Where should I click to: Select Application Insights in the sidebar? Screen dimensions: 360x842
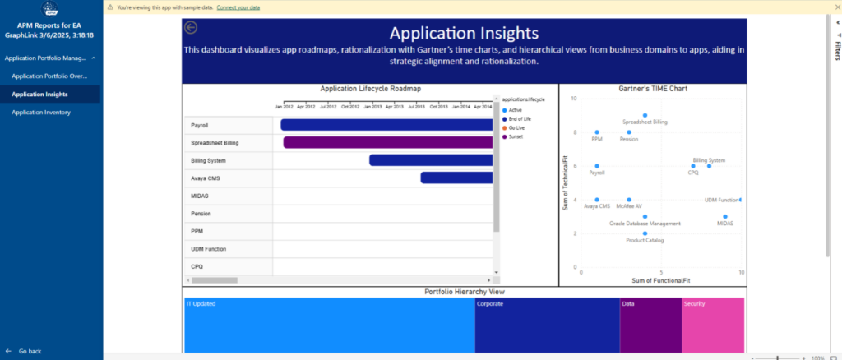39,95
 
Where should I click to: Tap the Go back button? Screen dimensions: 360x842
30,351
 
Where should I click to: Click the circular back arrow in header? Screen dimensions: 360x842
192,28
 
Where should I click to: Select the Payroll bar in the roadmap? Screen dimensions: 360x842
386,125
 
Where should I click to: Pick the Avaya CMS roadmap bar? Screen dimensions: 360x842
456,178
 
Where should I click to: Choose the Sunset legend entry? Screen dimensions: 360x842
515,136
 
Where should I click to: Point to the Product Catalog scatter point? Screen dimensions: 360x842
645,233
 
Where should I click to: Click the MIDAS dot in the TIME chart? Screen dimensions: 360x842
725,217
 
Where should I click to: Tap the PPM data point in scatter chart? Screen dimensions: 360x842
597,132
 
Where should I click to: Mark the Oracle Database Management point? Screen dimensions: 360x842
645,217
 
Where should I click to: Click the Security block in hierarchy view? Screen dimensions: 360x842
713,325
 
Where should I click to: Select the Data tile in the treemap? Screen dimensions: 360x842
650,325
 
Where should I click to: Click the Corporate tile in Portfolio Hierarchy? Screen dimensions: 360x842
547,325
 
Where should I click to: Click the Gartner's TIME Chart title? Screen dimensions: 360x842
653,88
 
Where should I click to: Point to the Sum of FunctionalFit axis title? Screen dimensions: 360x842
660,280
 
